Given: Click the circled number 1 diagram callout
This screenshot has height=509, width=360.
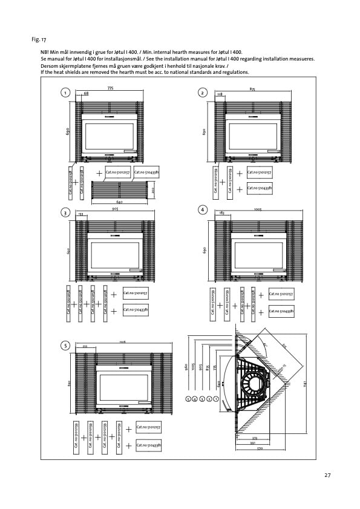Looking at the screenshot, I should point(64,92).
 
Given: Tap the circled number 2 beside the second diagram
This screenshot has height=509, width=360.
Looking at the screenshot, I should point(203,92).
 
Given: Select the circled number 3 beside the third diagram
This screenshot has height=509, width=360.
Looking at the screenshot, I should point(64,212).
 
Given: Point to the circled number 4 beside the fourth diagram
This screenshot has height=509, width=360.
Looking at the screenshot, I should point(203,209).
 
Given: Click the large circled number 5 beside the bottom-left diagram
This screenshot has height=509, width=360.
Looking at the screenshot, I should point(64,346).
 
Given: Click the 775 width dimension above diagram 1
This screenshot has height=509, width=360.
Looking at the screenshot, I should point(110,88).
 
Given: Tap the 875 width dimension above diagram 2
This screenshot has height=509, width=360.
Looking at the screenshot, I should point(252,89).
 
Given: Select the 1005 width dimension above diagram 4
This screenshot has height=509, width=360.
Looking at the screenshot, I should point(258,207).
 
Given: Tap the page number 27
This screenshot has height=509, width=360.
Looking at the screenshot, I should point(327,475).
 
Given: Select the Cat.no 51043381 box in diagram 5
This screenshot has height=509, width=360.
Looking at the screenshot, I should point(148,445).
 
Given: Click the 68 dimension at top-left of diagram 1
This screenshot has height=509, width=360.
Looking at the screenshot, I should point(86,94).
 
